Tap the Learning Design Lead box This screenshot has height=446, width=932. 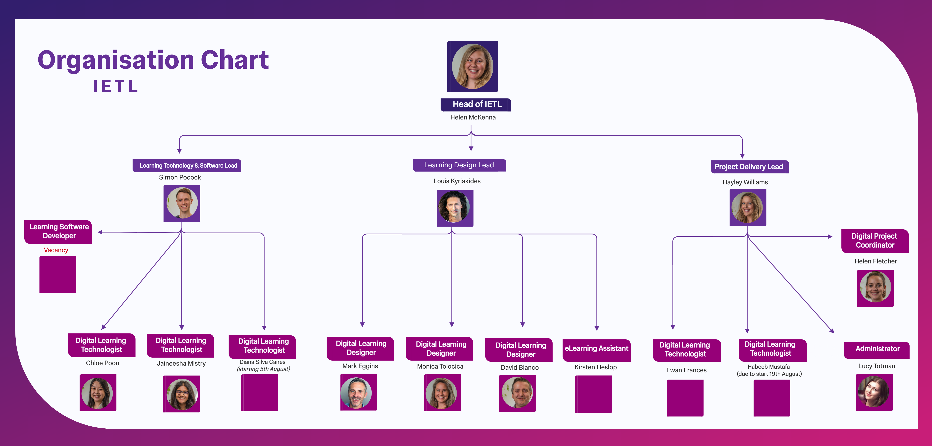(459, 165)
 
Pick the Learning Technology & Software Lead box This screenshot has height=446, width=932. (187, 165)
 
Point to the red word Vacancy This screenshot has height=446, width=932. (56, 250)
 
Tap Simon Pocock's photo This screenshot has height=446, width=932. (182, 203)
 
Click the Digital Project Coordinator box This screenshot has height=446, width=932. (875, 241)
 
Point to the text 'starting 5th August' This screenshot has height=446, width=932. (263, 369)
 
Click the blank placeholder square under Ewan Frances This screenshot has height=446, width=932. (685, 398)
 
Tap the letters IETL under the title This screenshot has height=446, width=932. (115, 87)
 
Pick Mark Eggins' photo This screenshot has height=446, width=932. (358, 392)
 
